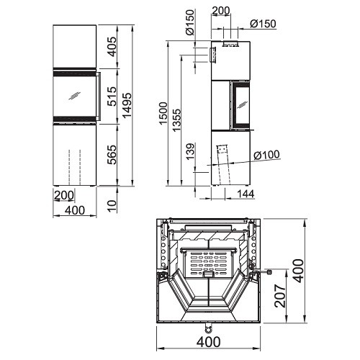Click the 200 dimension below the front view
[64, 195]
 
